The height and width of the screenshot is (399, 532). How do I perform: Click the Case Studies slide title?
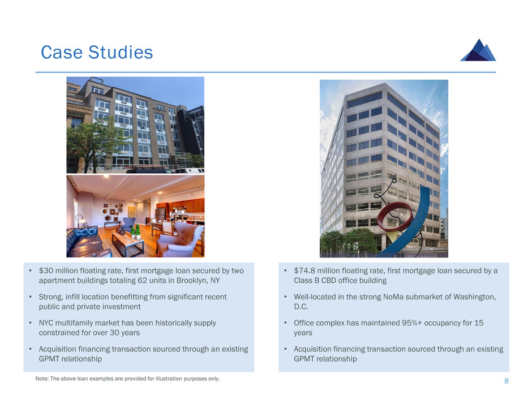pyautogui.click(x=97, y=52)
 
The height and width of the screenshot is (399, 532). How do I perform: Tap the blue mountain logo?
pyautogui.click(x=478, y=50)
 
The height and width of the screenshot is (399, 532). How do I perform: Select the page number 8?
pyautogui.click(x=506, y=381)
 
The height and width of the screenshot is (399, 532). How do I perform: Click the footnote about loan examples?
pyautogui.click(x=127, y=379)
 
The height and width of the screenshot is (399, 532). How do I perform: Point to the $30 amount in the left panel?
pyautogui.click(x=46, y=271)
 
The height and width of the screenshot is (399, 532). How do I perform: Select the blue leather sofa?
pyautogui.click(x=87, y=242)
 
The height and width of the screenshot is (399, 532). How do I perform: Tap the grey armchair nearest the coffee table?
pyautogui.click(x=179, y=239)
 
